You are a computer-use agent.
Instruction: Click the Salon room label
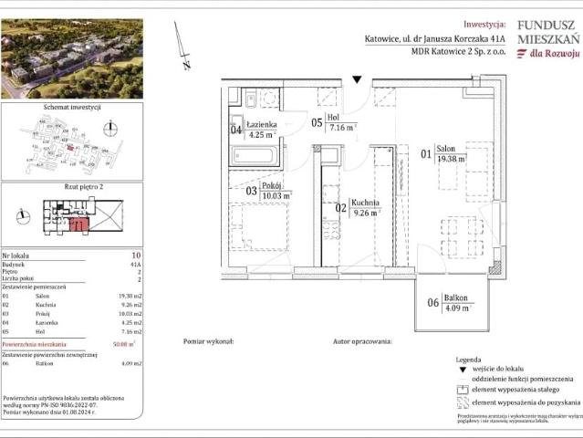coord(447,148)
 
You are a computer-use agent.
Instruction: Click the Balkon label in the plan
coord(457,298)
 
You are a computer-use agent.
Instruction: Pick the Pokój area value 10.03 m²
coord(274,195)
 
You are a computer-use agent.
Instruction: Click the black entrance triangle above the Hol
coord(357,81)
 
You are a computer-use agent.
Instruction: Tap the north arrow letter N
coord(185,66)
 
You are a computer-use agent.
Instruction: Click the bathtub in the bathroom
coord(260,155)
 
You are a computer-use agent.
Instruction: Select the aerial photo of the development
coord(72,57)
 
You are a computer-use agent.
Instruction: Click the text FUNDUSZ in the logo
coord(546,26)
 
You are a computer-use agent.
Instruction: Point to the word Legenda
coord(469,361)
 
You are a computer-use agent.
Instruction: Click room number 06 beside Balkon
coord(432,303)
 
